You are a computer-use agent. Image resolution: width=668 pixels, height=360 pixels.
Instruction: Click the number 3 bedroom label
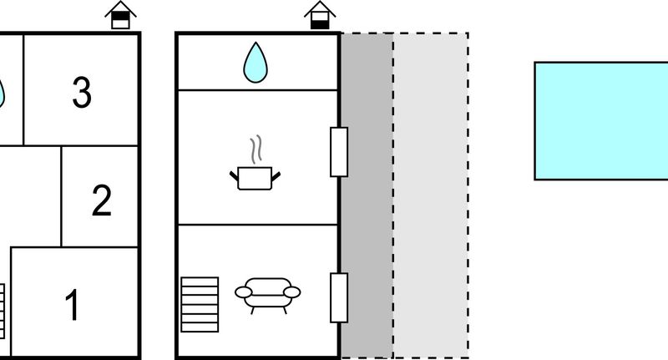tap(81, 92)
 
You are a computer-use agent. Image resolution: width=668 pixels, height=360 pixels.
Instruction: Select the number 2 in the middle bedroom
tap(101, 200)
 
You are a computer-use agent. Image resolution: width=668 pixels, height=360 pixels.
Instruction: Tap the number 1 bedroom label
tap(72, 304)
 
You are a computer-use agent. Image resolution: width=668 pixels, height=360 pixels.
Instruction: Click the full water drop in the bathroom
tap(256, 62)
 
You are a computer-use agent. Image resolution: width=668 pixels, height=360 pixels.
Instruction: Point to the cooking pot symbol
tap(255, 179)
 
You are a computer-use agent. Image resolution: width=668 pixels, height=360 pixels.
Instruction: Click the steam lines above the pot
tap(256, 150)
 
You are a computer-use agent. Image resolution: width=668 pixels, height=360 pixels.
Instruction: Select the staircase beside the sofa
tap(200, 305)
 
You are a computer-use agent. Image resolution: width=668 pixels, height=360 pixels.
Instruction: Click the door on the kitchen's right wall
tap(339, 152)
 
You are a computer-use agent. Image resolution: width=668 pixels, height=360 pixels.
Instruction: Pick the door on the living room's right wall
tap(339, 297)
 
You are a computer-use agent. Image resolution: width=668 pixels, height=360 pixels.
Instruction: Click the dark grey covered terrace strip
tap(367, 196)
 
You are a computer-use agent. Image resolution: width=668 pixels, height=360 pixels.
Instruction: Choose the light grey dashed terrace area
tap(431, 196)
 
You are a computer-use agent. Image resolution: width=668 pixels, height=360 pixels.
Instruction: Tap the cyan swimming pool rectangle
tap(601, 121)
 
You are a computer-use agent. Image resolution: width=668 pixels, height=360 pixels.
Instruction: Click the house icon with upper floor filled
tap(120, 15)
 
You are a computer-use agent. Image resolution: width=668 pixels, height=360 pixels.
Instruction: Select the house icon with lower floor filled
tap(320, 15)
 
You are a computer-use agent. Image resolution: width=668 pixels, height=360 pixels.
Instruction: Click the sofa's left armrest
tap(244, 292)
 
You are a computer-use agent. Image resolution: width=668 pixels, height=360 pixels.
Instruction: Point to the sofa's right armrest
tap(291, 292)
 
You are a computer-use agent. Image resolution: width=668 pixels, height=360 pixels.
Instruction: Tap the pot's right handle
tap(276, 176)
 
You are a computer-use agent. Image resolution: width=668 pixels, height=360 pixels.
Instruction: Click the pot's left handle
tap(235, 176)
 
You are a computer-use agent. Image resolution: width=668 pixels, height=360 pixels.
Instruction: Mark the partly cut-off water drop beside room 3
tap(2, 94)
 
